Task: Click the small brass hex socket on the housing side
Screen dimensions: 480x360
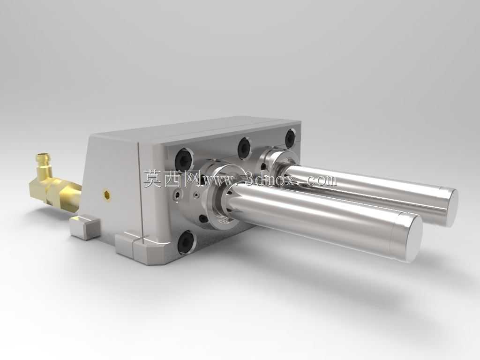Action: [x=107, y=195]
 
